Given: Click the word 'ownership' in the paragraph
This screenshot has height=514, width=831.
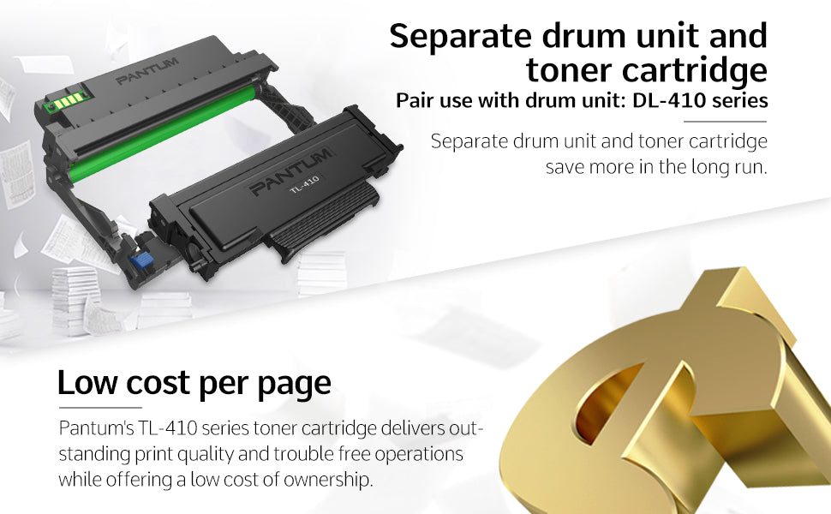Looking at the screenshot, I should [x=330, y=480].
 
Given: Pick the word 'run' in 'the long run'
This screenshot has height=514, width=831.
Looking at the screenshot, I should [x=744, y=166].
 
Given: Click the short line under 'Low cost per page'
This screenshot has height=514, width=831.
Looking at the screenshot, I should [x=99, y=408].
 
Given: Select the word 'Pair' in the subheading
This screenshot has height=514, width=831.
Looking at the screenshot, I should [x=414, y=101].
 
